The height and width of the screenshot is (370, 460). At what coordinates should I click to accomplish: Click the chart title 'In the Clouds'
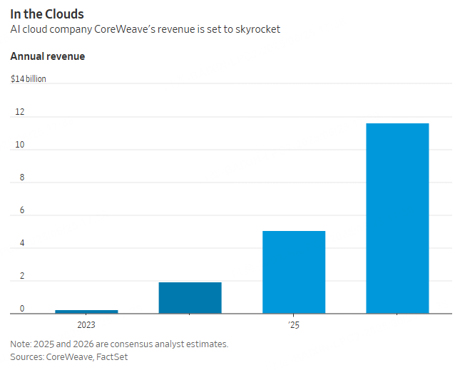(46, 14)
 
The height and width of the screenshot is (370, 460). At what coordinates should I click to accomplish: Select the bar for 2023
(86, 311)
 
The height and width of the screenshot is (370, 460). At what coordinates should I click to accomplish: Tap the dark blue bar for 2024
(190, 297)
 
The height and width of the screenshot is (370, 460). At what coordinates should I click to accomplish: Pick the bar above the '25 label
(294, 272)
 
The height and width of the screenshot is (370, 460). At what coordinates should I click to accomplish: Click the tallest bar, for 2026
(397, 218)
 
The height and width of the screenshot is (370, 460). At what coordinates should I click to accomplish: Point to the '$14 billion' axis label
(29, 79)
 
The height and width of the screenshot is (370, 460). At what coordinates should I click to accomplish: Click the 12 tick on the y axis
(19, 112)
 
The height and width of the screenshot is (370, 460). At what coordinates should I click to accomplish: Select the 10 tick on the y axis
(19, 145)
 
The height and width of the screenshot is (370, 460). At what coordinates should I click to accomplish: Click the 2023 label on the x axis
(86, 325)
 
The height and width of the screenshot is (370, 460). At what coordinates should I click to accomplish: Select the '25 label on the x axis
(294, 325)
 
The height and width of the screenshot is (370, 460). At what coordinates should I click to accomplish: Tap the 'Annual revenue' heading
(47, 56)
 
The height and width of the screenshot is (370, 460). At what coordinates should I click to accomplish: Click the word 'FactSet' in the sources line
(112, 356)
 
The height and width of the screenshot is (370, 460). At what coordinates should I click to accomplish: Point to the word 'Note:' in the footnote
(21, 344)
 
